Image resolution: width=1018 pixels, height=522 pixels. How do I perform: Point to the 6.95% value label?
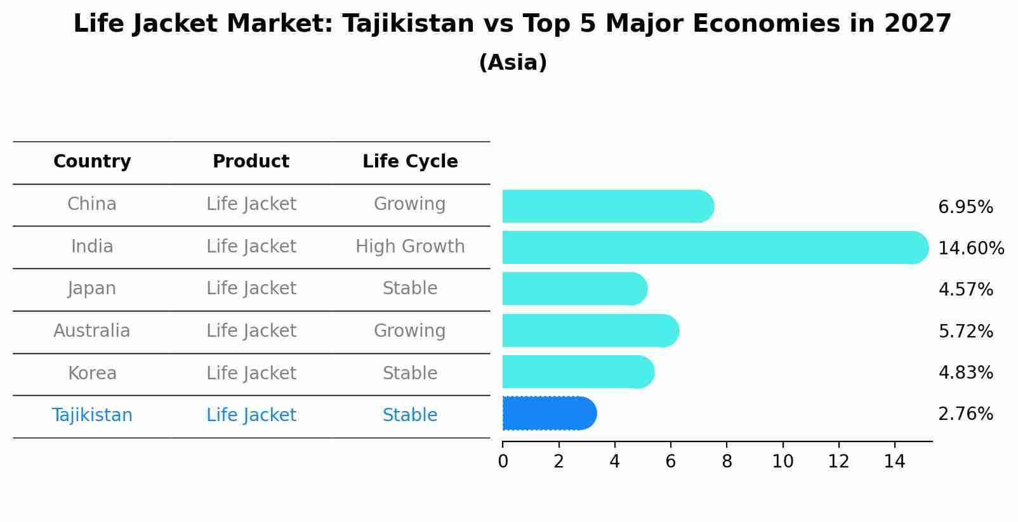(965, 207)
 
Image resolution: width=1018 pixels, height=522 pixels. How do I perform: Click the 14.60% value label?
(970, 248)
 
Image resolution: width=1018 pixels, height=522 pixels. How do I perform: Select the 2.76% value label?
(965, 414)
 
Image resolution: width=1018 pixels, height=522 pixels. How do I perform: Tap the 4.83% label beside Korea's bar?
(965, 372)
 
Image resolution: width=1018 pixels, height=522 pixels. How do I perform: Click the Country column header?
(92, 162)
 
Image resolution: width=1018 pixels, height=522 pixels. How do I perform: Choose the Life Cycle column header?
(410, 162)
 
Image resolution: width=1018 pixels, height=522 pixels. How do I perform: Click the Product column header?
(251, 162)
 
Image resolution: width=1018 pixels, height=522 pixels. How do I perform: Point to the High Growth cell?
(410, 246)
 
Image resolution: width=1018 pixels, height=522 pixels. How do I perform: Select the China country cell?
(92, 204)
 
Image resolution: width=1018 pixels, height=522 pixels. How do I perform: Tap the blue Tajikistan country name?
(92, 415)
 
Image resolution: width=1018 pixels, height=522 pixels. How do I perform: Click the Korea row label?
(92, 373)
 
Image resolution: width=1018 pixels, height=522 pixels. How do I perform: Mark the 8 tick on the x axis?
(727, 462)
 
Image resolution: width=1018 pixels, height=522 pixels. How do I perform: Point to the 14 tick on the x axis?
(894, 462)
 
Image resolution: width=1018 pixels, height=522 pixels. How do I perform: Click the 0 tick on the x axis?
(503, 462)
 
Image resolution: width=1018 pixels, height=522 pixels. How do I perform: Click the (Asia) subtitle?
(513, 63)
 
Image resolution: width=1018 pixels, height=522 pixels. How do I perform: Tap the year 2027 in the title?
(917, 24)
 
